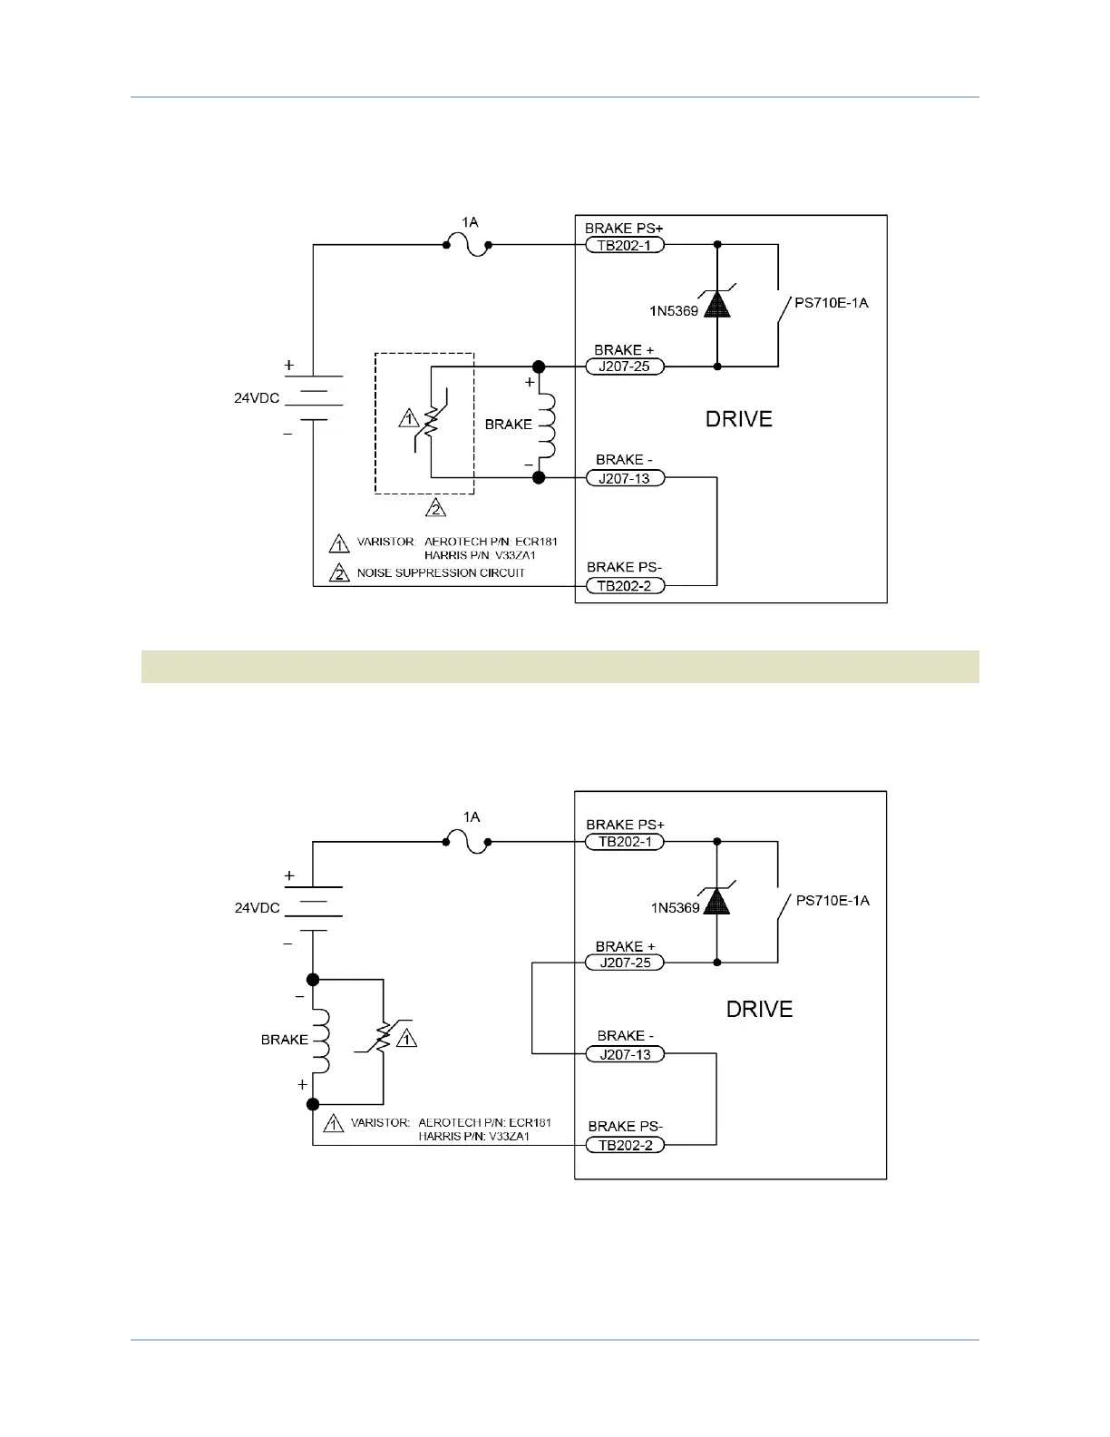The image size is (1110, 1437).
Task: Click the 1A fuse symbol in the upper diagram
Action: (467, 245)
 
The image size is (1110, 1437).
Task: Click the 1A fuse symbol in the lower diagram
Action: (467, 842)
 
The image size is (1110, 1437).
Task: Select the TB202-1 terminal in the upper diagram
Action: (624, 245)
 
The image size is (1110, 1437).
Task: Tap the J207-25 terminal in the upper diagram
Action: (624, 367)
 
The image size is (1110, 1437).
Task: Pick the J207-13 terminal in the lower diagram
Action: (625, 1054)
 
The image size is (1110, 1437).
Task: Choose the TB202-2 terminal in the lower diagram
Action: (625, 1145)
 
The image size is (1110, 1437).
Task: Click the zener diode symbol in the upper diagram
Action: (717, 303)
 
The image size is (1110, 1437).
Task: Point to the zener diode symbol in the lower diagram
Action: (717, 901)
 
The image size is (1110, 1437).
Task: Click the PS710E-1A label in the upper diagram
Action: (831, 303)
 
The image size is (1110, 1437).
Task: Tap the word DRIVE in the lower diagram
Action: (759, 1009)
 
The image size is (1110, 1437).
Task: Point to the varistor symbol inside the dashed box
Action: (432, 420)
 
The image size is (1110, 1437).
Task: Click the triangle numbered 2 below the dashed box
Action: (437, 508)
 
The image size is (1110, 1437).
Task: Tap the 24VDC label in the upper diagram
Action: (257, 396)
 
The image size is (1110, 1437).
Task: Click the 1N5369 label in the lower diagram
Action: (676, 907)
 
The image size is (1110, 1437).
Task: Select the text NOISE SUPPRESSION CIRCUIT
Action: (441, 572)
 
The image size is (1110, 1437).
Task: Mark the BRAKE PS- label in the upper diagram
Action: (625, 567)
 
